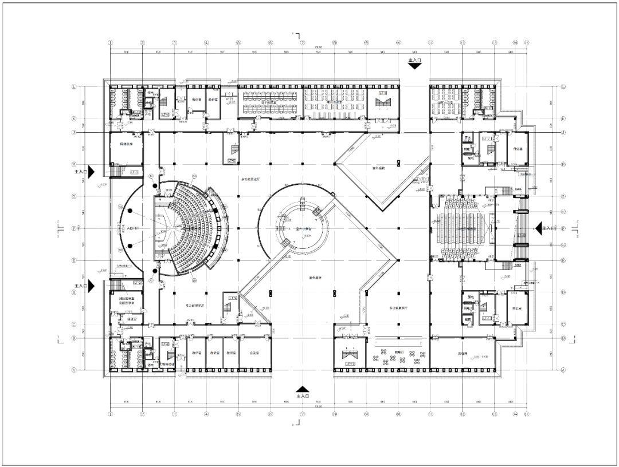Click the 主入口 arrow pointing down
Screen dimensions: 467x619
[415, 65]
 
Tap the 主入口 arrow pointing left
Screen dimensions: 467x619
[540, 228]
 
